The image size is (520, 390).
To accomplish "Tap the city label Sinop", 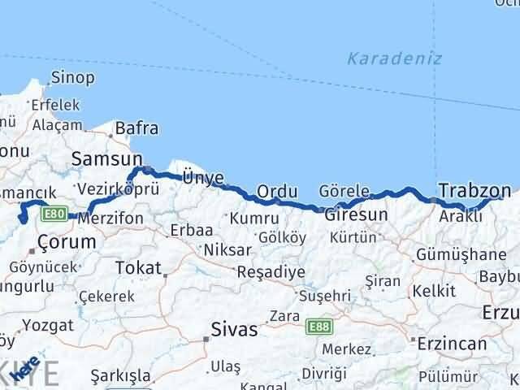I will coord(73,79).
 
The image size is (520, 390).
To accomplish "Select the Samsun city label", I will coord(107,158).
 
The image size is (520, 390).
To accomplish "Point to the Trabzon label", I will coord(474,190).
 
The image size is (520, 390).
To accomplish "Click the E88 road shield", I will coord(319,326).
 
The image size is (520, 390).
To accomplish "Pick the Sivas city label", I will coord(233,330).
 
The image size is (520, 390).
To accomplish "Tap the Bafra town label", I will coord(137,128).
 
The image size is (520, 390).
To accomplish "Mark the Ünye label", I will coord(200,177).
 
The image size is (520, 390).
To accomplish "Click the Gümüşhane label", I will coord(461,254).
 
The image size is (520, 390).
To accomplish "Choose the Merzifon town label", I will coord(110,218).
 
